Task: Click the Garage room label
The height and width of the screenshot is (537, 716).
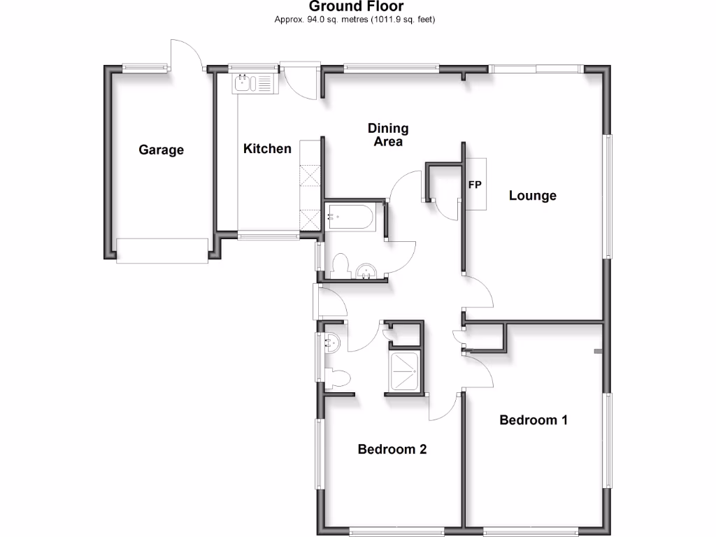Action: (161, 150)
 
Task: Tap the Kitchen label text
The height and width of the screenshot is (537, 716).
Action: (267, 148)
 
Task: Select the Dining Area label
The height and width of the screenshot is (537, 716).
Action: (388, 135)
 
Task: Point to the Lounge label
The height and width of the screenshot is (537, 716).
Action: (532, 196)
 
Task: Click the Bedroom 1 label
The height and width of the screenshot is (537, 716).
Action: (533, 420)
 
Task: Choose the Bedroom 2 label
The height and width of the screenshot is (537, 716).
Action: (392, 449)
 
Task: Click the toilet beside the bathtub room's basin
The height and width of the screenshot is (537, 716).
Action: (341, 266)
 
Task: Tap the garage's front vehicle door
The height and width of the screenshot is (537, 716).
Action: (162, 250)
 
